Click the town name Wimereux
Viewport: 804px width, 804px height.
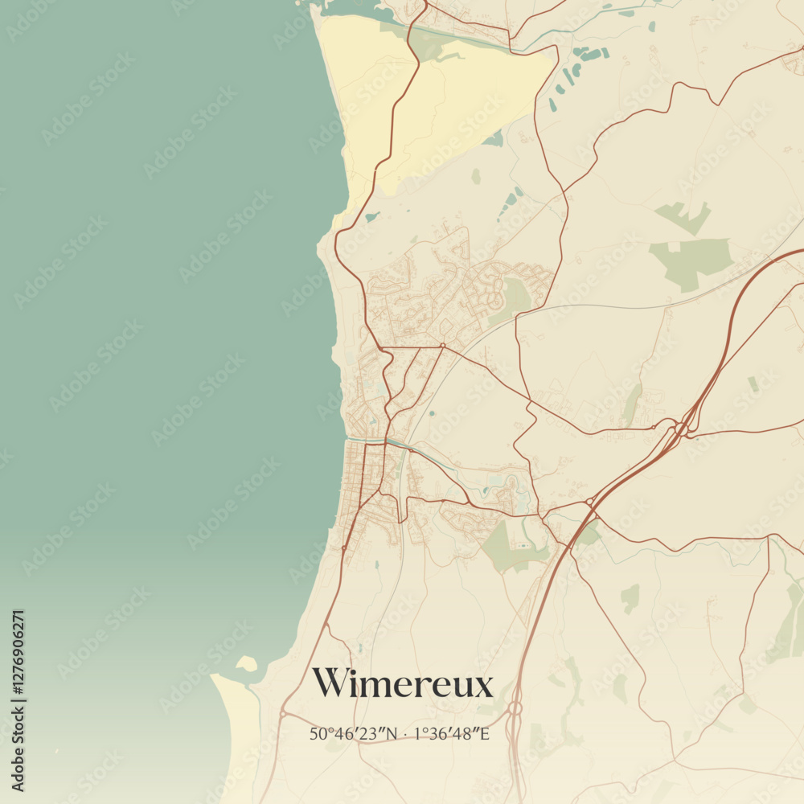402,683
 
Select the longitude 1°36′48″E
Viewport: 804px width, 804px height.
451,733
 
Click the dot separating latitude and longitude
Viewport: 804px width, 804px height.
405,733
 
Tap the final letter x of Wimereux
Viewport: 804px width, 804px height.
482,686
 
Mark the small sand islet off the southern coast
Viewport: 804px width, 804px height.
246,663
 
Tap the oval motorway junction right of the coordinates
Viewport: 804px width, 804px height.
514,708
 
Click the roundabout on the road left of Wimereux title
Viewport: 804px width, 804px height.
283,713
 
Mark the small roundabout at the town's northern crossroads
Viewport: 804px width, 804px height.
442,346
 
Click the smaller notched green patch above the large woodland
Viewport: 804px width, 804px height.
683,215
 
